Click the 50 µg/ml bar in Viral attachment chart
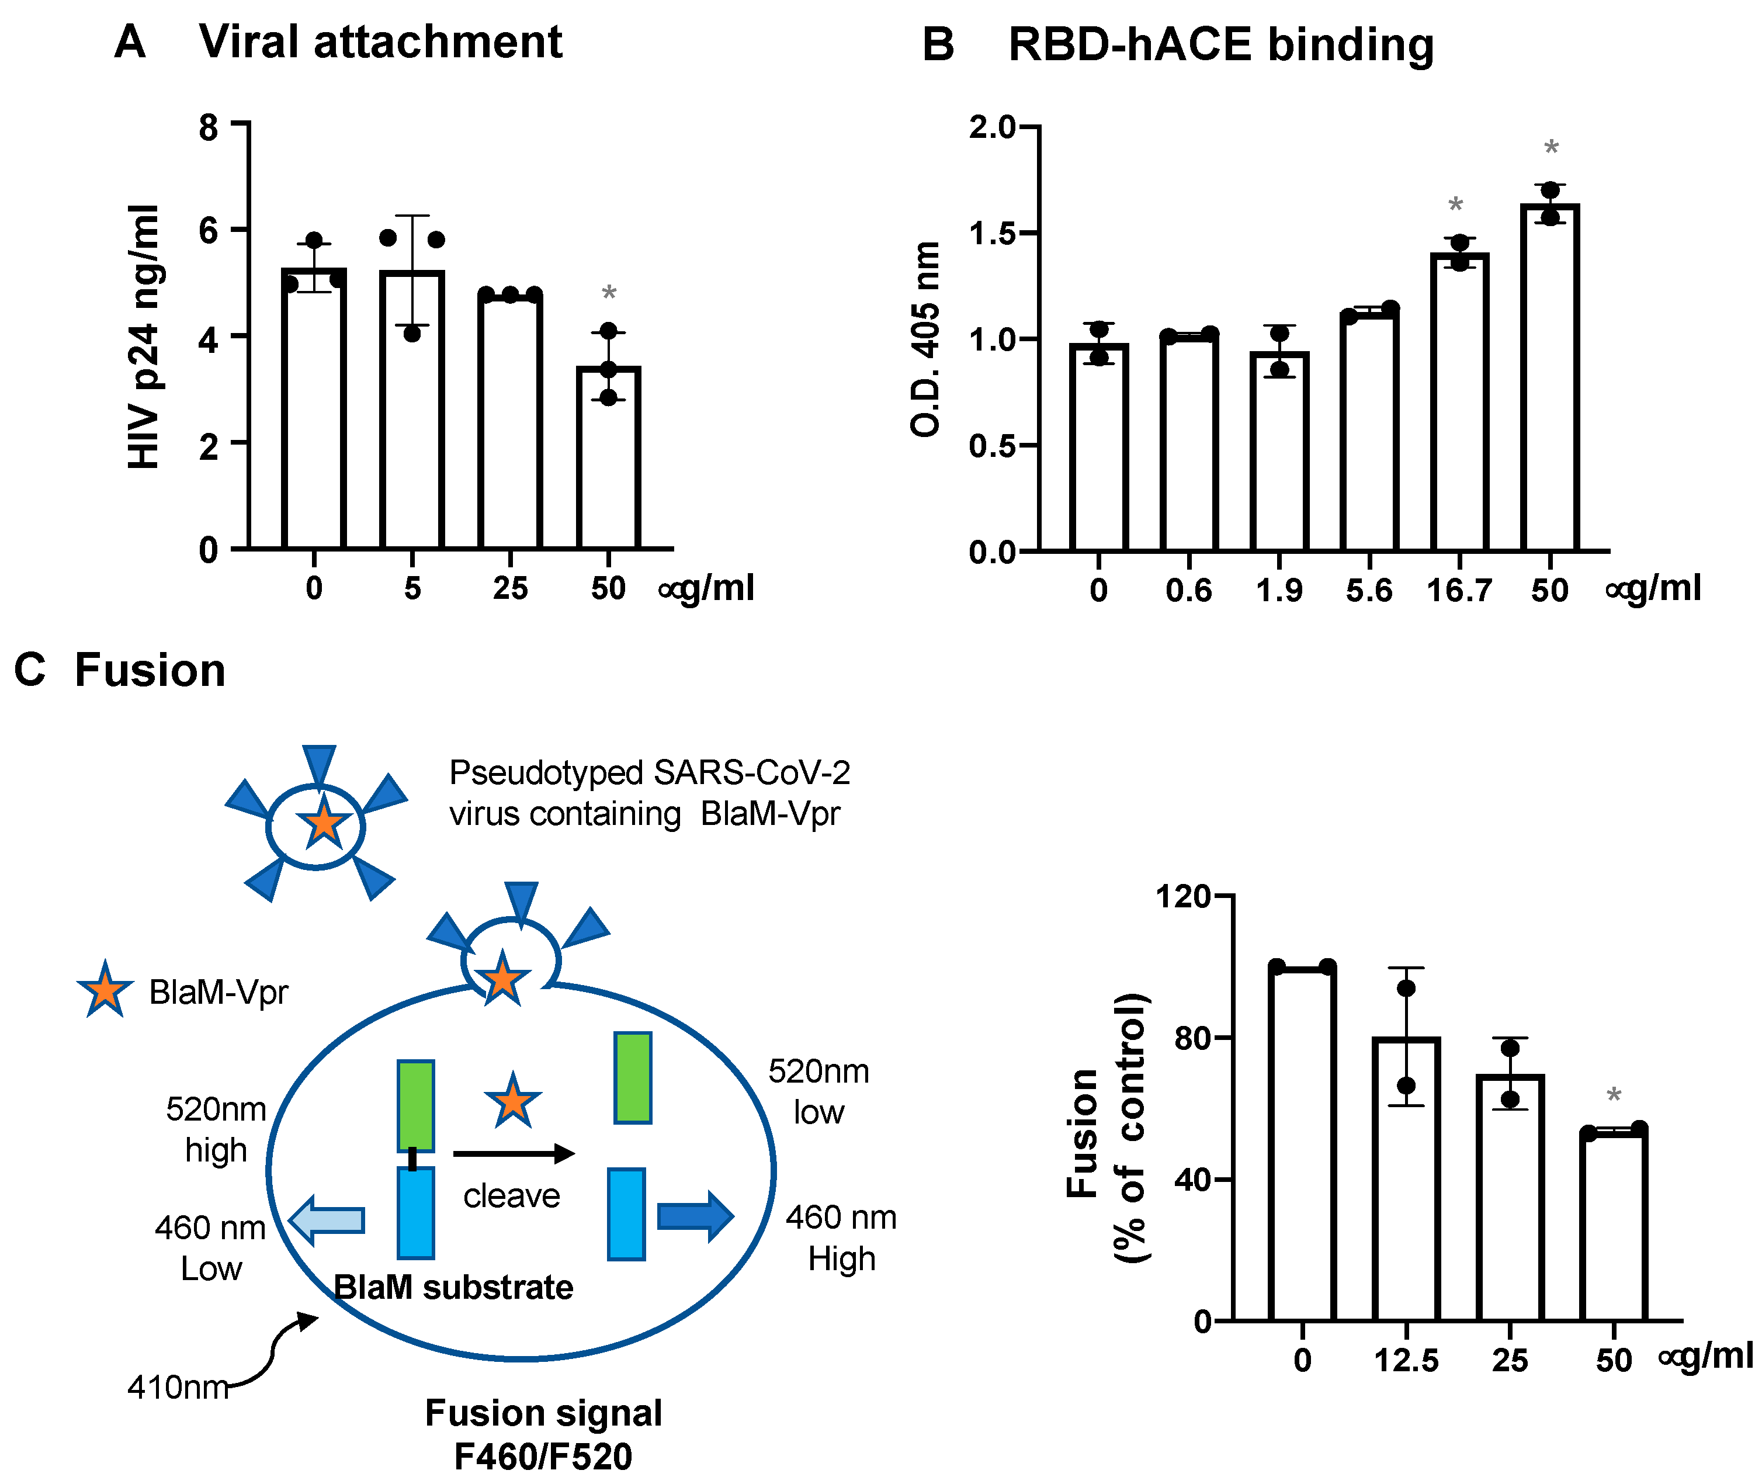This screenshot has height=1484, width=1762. pos(608,459)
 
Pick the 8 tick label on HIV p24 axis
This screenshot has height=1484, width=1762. pos(209,128)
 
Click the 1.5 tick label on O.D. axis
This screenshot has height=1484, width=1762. pos(993,234)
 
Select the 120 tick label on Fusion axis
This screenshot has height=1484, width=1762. pos(1182,897)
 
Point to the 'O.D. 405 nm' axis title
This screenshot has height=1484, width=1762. pos(926,338)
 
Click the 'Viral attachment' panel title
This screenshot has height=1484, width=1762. pos(380,42)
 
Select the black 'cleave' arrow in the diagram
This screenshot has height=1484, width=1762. pos(513,1153)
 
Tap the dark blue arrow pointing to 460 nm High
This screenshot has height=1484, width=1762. pos(695,1216)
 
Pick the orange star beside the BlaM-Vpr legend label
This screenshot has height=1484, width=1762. pos(105,990)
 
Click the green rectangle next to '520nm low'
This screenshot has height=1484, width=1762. pos(633,1078)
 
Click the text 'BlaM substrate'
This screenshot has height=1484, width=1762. pos(453,1287)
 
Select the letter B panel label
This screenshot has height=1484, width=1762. pos(938,44)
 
